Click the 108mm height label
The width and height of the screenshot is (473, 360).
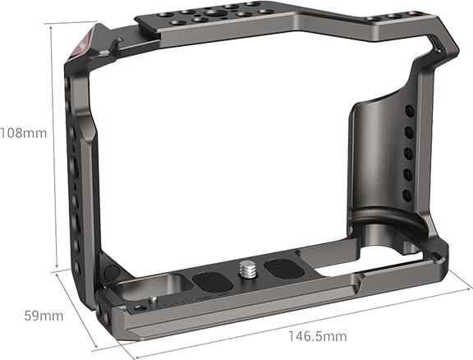24,132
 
